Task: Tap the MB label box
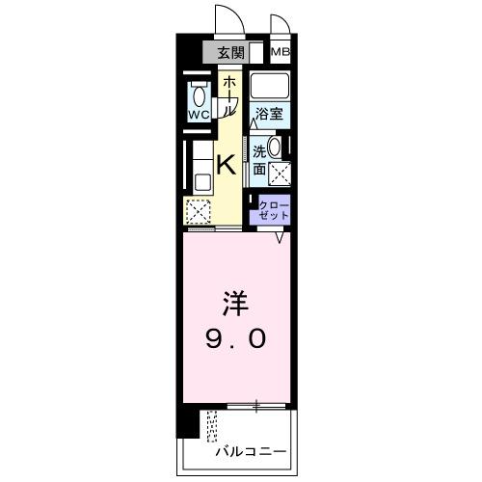(x=281, y=53)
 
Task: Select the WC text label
(x=199, y=115)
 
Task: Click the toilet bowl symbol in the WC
(x=199, y=95)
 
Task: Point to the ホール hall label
(x=228, y=95)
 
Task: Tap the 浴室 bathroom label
(x=269, y=114)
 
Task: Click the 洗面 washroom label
(x=259, y=159)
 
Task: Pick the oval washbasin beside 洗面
(x=276, y=148)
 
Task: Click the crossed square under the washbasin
(x=281, y=174)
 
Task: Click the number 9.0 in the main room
(x=237, y=339)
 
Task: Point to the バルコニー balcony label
(x=251, y=449)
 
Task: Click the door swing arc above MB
(x=280, y=26)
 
